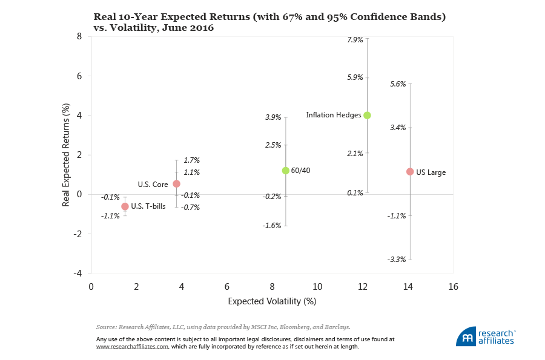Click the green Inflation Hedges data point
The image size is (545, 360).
pyautogui.click(x=367, y=115)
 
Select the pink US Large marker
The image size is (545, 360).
pyautogui.click(x=410, y=172)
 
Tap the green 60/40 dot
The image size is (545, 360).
pyautogui.click(x=286, y=171)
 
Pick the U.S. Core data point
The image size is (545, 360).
pyautogui.click(x=176, y=183)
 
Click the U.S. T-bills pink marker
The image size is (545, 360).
pyautogui.click(x=125, y=206)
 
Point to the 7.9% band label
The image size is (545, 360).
pyautogui.click(x=355, y=40)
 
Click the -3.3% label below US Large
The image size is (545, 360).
pyautogui.click(x=397, y=260)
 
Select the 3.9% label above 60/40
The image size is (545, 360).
pyautogui.click(x=273, y=117)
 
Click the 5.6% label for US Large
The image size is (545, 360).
pyautogui.click(x=398, y=84)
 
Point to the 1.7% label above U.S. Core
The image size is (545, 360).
pyautogui.click(x=191, y=160)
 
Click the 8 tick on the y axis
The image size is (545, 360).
pyautogui.click(x=79, y=36)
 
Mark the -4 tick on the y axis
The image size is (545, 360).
pyautogui.click(x=78, y=273)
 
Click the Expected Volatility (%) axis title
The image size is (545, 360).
pyautogui.click(x=272, y=301)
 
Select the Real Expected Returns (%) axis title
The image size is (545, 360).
pyautogui.click(x=66, y=155)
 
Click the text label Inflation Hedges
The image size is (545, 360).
pyautogui.click(x=334, y=115)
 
